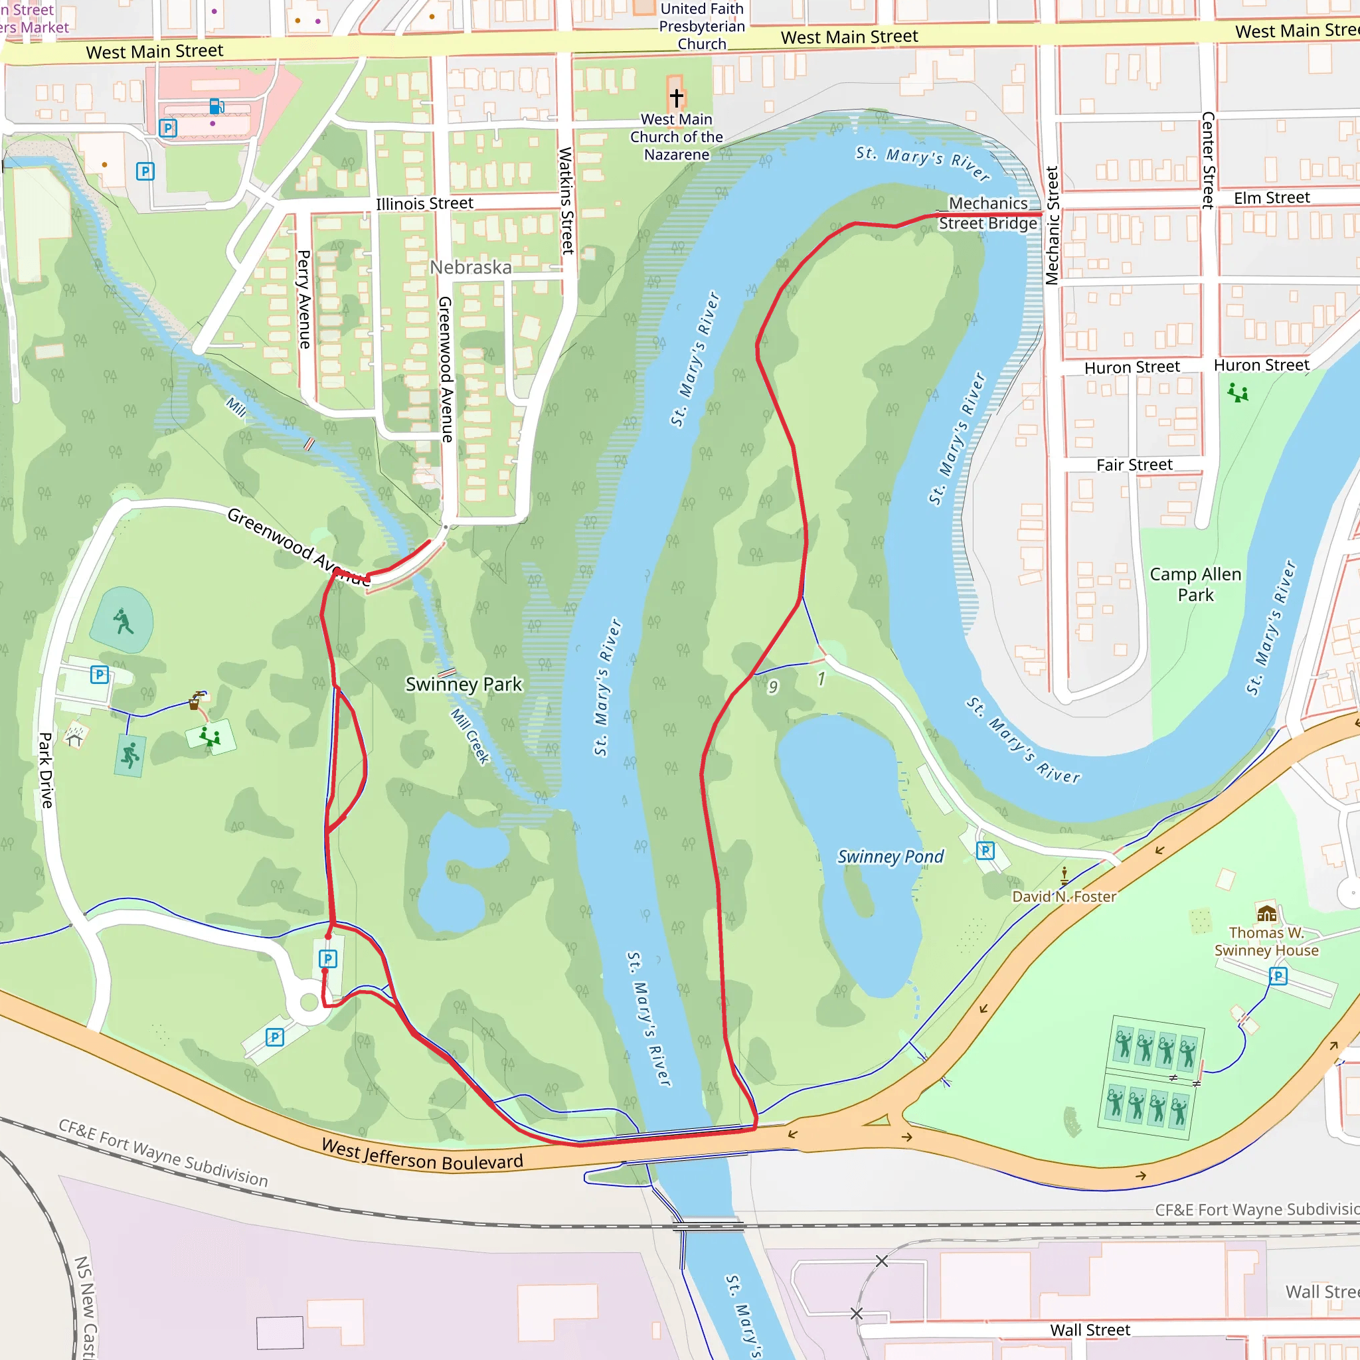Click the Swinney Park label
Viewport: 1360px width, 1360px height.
[x=464, y=684]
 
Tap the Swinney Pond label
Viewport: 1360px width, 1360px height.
[x=890, y=857]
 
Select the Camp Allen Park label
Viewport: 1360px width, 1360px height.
[x=1195, y=584]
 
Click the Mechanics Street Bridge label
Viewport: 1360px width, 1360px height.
[x=987, y=213]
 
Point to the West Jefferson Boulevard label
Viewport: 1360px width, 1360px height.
[x=422, y=1154]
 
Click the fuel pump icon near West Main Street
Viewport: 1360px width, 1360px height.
[x=216, y=106]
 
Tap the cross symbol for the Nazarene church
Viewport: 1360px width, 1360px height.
[x=677, y=97]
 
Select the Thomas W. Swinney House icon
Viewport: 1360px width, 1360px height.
[x=1266, y=914]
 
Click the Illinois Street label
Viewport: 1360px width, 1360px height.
[x=424, y=203]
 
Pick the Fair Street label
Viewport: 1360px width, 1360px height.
[x=1134, y=465]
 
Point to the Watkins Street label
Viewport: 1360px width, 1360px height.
[x=566, y=201]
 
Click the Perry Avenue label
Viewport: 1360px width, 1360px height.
[x=303, y=299]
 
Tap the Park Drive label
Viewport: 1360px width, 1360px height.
[x=46, y=770]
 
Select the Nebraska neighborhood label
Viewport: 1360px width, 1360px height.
[x=470, y=268]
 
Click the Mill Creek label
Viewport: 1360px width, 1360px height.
[x=470, y=736]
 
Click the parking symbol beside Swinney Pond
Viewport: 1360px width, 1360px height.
[x=985, y=851]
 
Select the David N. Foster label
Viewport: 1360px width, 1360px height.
[x=1064, y=896]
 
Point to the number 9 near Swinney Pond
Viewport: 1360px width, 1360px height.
[x=773, y=687]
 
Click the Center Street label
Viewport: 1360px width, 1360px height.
[x=1208, y=160]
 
